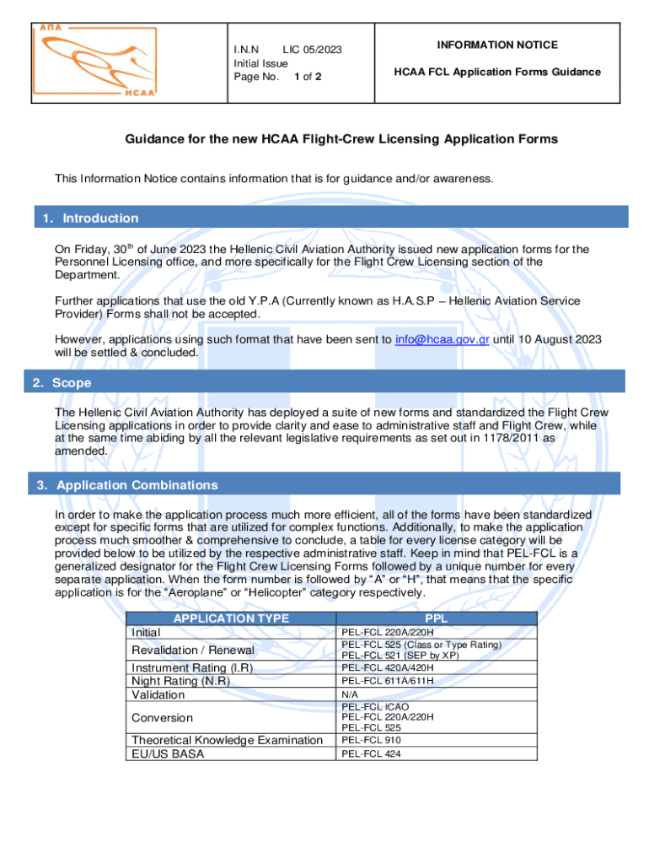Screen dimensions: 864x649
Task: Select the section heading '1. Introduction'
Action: [x=90, y=219]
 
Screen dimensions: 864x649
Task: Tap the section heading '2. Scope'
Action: [x=62, y=383]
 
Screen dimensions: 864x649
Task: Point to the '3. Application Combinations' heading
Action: [x=126, y=485]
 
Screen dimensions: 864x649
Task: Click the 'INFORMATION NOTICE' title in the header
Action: [x=496, y=45]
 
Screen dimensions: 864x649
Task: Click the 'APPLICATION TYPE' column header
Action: [x=230, y=618]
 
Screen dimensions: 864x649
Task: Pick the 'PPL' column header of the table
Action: [x=437, y=618]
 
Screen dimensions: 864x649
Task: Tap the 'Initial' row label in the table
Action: [x=146, y=632]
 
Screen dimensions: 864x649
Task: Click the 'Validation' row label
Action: [x=158, y=694]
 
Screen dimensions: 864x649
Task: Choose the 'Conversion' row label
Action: [x=162, y=718]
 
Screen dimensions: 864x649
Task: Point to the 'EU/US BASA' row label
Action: [x=167, y=753]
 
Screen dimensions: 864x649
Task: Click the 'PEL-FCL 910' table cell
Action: [x=371, y=741]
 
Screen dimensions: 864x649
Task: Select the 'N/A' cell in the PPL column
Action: [x=348, y=695]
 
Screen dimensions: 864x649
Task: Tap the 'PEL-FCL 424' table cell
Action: [x=371, y=754]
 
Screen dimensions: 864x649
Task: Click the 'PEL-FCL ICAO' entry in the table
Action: [x=374, y=707]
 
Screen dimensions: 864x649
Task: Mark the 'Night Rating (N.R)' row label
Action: [x=180, y=681]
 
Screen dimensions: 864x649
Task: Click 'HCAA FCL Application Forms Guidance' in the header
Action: [x=497, y=72]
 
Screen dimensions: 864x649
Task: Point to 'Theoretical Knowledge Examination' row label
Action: [x=227, y=740]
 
